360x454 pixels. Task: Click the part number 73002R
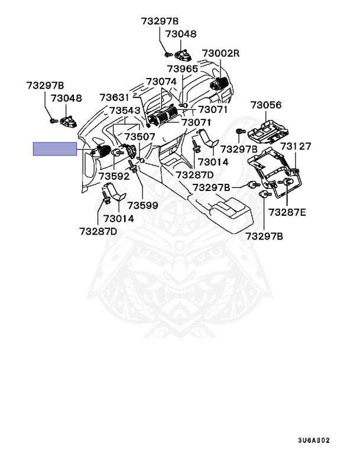pyautogui.click(x=221, y=54)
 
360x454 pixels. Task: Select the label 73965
pyautogui.click(x=182, y=69)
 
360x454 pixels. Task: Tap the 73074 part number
pyautogui.click(x=161, y=82)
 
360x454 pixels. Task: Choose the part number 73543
pyautogui.click(x=125, y=111)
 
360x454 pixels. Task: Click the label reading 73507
pyautogui.click(x=139, y=137)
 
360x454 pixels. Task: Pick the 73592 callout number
pyautogui.click(x=114, y=176)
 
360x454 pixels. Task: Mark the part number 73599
pyautogui.click(x=143, y=205)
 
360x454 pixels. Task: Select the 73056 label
pyautogui.click(x=265, y=105)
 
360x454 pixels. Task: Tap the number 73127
pyautogui.click(x=296, y=146)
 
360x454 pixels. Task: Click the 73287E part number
pyautogui.click(x=287, y=212)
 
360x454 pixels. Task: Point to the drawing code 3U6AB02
pyautogui.click(x=314, y=440)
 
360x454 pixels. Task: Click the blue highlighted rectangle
pyautogui.click(x=55, y=148)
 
